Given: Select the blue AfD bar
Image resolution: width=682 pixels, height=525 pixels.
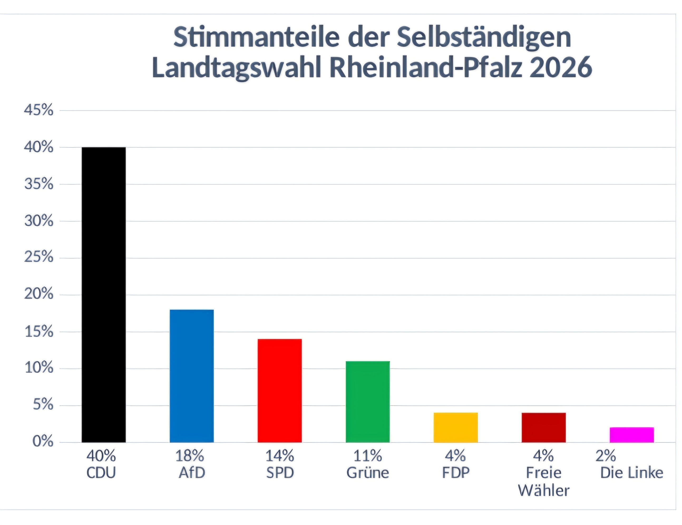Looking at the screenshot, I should click(192, 376).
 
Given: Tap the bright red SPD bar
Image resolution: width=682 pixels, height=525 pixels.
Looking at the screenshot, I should click(280, 390).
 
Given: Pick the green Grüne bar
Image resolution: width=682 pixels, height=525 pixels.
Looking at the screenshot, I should click(368, 402).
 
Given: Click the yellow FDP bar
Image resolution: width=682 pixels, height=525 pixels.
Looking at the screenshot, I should click(456, 427).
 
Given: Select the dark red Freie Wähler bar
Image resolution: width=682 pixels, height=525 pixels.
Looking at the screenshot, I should click(544, 427).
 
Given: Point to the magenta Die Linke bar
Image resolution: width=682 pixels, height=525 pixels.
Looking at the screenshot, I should click(632, 435).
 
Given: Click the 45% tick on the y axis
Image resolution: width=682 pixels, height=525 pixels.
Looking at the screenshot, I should click(39, 110).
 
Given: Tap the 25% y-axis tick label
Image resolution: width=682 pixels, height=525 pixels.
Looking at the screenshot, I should click(39, 258).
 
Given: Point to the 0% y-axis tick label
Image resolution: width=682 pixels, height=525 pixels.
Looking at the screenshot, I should click(43, 442).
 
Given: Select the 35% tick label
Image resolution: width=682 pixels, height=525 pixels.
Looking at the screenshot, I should click(39, 184).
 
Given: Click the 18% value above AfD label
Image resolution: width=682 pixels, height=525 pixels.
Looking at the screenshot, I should click(189, 456).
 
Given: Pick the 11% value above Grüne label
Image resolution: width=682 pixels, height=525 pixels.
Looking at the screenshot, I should click(368, 456).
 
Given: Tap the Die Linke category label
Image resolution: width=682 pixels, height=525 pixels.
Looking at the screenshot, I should click(632, 473).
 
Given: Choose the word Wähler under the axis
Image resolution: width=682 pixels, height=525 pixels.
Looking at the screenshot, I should click(544, 490).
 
